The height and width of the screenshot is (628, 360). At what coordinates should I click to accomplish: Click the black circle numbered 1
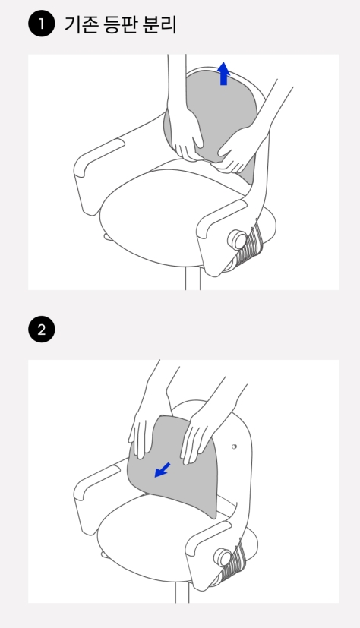42,24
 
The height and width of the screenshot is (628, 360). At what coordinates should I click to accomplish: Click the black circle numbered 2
42,330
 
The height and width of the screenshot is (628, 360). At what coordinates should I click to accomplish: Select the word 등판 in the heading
120,24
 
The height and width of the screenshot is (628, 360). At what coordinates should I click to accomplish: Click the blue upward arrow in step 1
223,74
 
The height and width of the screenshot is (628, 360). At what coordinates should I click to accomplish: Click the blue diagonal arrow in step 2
163,470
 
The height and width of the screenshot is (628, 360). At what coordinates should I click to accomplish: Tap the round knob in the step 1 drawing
238,240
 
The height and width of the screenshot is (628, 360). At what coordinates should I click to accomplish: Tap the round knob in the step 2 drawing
223,557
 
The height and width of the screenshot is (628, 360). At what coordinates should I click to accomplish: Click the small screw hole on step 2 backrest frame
234,447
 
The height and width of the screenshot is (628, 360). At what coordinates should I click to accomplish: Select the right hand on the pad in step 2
197,437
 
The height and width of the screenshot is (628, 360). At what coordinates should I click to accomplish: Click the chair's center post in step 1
193,279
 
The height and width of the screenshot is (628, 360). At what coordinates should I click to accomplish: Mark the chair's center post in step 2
182,593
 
